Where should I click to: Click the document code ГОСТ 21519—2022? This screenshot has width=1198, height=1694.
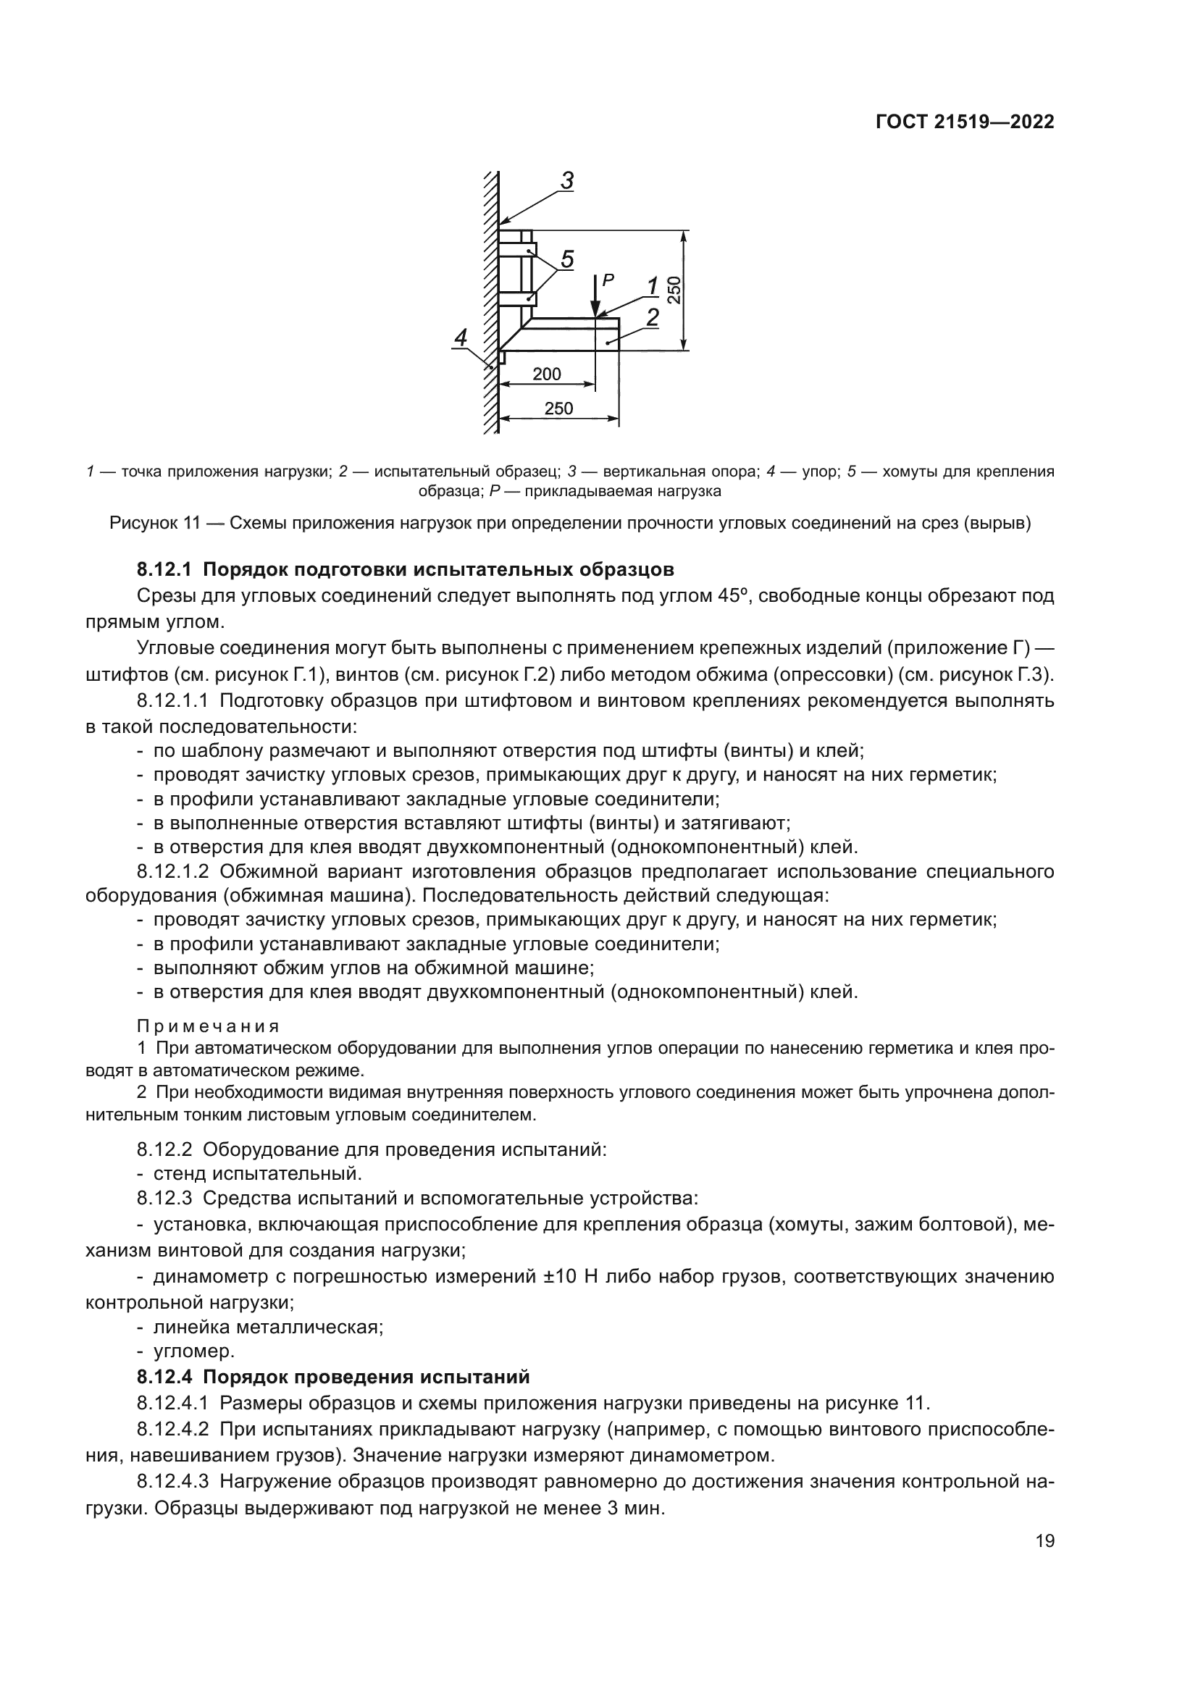964,122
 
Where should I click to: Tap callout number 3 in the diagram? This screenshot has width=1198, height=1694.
566,181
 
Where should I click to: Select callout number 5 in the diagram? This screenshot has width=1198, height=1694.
566,259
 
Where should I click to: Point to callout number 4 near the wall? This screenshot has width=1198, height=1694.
461,338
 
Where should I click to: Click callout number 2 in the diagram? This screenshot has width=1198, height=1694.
652,317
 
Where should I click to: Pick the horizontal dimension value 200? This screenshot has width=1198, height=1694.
547,374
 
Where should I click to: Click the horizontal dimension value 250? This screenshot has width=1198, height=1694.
558,408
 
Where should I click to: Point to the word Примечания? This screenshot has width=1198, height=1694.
208,1026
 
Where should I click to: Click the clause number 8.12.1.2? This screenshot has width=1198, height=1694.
173,871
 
